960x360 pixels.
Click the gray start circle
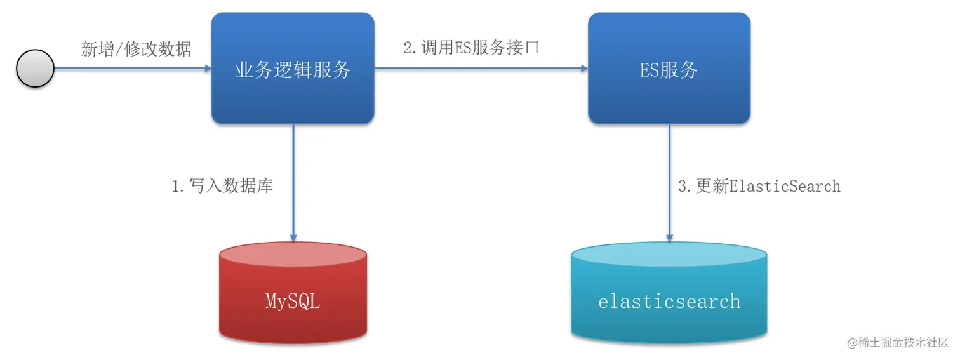click(35, 69)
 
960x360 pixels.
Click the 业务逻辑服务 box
click(293, 95)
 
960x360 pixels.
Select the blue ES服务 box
click(669, 95)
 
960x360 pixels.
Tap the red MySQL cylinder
click(293, 317)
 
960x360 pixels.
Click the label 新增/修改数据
click(136, 49)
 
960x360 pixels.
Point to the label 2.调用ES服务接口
click(471, 47)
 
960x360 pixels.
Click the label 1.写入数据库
click(222, 185)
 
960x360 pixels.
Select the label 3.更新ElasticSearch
click(759, 186)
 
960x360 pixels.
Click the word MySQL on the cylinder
click(293, 301)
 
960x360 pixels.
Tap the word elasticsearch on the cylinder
click(669, 300)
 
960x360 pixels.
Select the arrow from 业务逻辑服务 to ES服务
click(481, 69)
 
